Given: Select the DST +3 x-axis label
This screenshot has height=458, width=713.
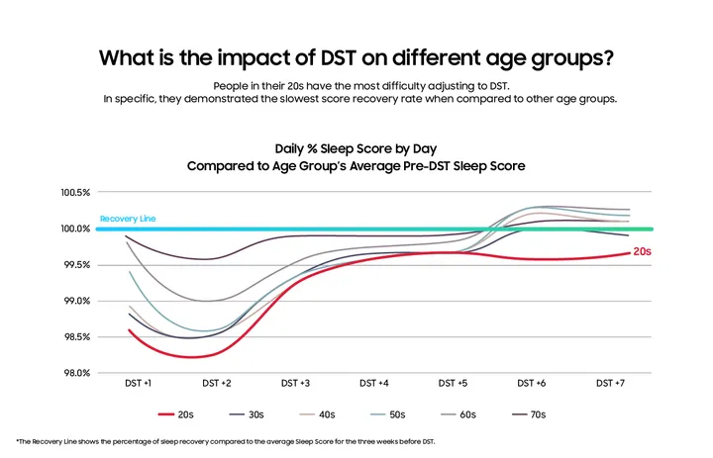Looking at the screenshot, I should (295, 382).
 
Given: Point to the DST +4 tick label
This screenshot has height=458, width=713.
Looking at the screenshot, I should (374, 382).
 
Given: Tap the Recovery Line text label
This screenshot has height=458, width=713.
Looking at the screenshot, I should (128, 218).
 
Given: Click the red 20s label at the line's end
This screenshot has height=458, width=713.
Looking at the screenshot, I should (642, 252).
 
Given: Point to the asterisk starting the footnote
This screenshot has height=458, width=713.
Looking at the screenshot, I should (19, 440).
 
